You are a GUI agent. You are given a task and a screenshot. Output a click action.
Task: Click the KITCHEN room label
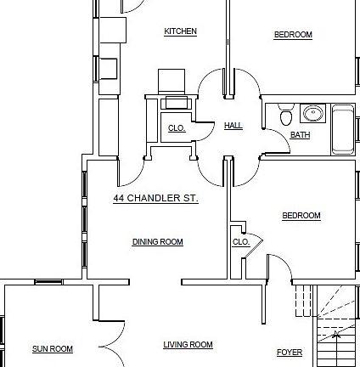180,31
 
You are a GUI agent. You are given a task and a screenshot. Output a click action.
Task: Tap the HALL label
233,126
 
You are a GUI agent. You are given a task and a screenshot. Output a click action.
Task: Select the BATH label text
300,135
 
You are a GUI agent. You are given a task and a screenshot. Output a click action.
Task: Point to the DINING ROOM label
157,242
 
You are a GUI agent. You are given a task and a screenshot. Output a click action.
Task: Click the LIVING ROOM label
188,345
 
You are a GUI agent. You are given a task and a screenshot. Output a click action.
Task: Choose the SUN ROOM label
53,349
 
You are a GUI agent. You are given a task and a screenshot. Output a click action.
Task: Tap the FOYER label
289,353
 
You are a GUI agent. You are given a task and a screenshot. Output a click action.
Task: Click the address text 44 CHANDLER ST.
155,198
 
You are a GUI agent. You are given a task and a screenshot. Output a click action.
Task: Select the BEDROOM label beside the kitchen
292,35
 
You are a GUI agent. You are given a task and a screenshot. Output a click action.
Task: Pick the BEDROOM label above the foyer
301,216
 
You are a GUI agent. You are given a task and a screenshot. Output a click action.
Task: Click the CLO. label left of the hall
176,128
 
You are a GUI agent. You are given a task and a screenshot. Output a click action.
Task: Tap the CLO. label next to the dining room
240,242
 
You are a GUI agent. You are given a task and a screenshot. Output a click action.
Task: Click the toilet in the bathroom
285,116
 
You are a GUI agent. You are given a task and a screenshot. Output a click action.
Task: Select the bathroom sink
312,113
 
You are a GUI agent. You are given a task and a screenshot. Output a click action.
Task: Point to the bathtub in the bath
343,129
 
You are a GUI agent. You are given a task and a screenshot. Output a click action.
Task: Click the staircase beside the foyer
336,331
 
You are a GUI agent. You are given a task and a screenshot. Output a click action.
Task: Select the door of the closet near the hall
205,131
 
